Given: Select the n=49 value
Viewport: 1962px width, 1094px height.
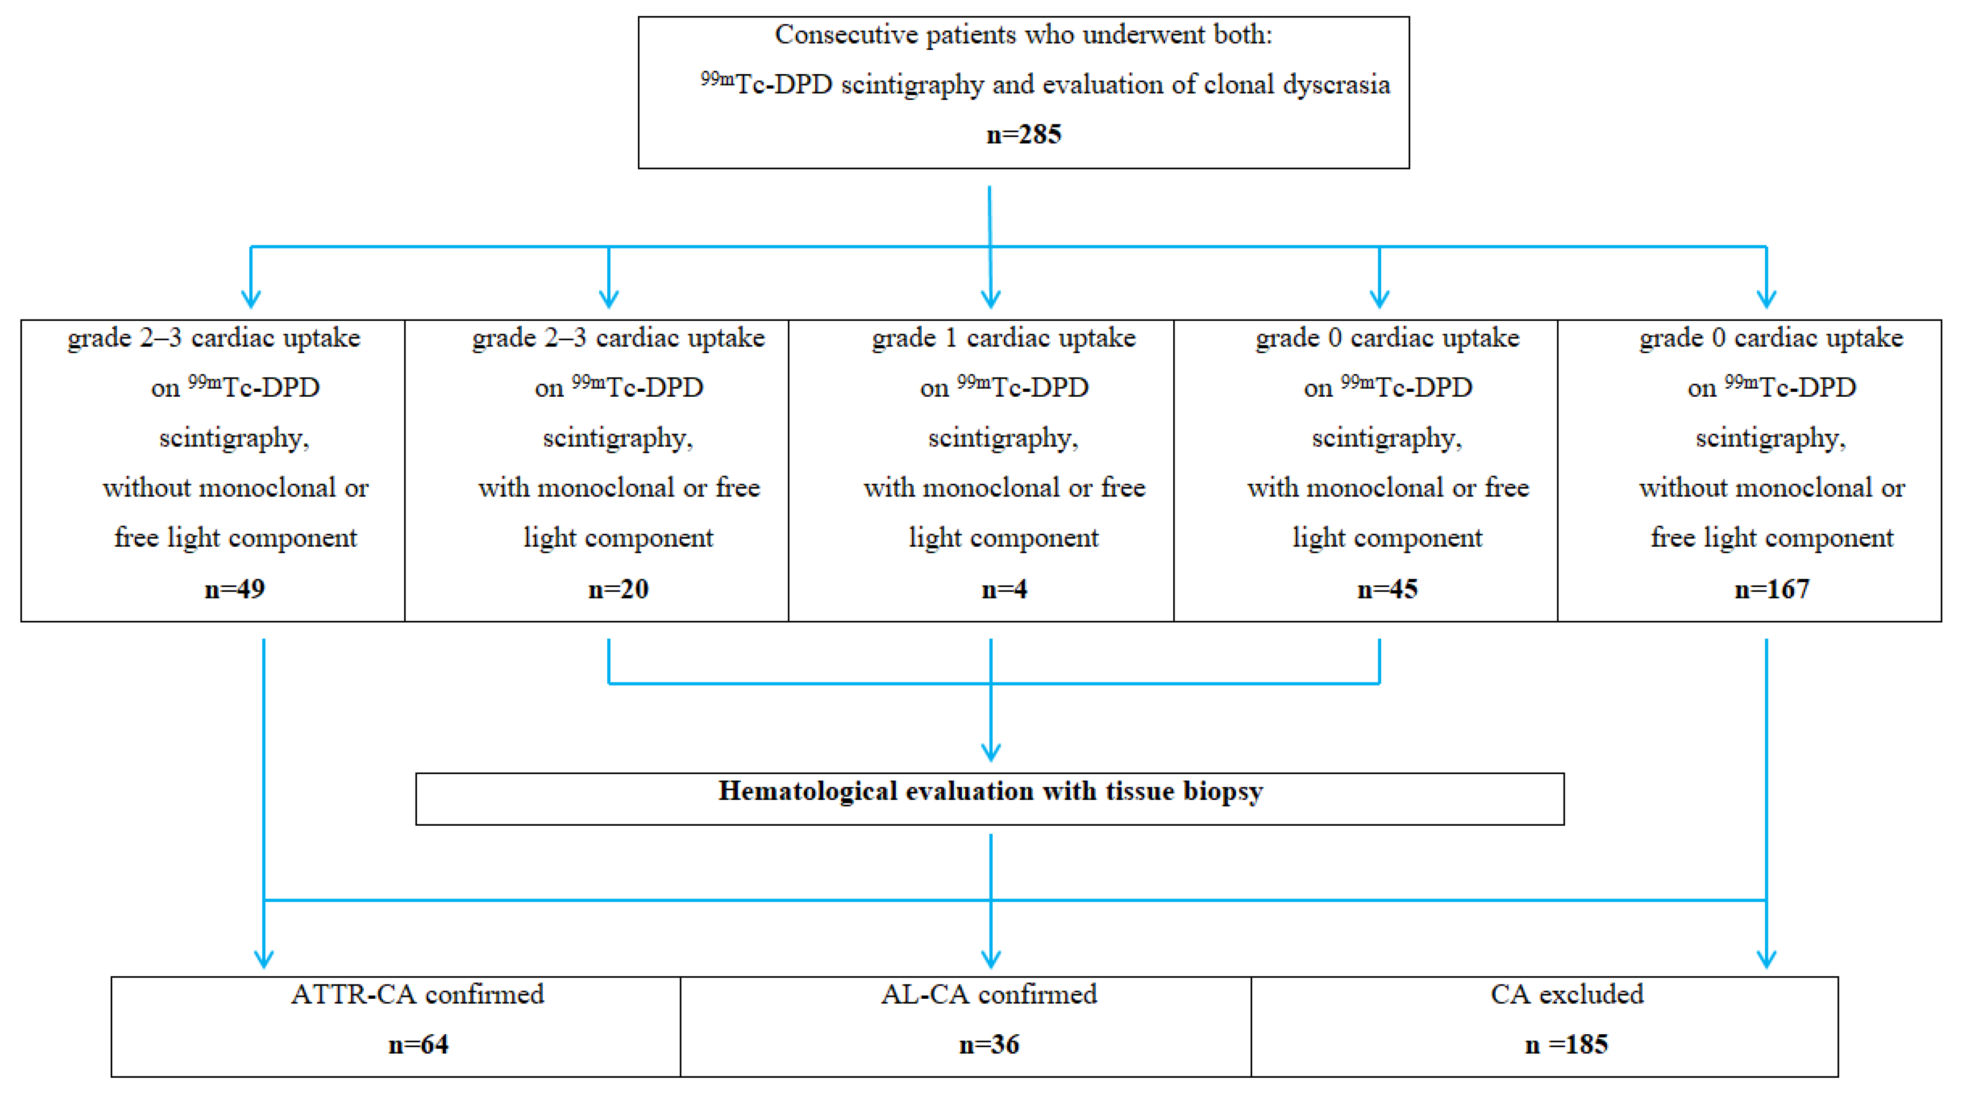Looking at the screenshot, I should [x=234, y=589].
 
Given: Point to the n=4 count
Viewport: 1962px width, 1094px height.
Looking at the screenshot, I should [x=1004, y=589].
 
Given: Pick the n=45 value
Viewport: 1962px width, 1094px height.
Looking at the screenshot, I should [x=1387, y=589].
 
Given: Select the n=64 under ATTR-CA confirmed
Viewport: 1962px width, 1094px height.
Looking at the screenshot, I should [x=418, y=1044].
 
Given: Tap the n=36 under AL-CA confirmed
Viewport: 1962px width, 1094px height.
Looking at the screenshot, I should [x=989, y=1044].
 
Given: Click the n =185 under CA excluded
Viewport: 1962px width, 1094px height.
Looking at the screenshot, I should [x=1566, y=1044].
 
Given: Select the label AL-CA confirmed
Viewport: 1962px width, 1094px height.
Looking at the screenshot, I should [x=989, y=994].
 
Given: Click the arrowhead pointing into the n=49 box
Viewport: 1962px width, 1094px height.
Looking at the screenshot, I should [x=252, y=299].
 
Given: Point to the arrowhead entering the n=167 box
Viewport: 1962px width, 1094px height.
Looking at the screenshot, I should [x=1766, y=299].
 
